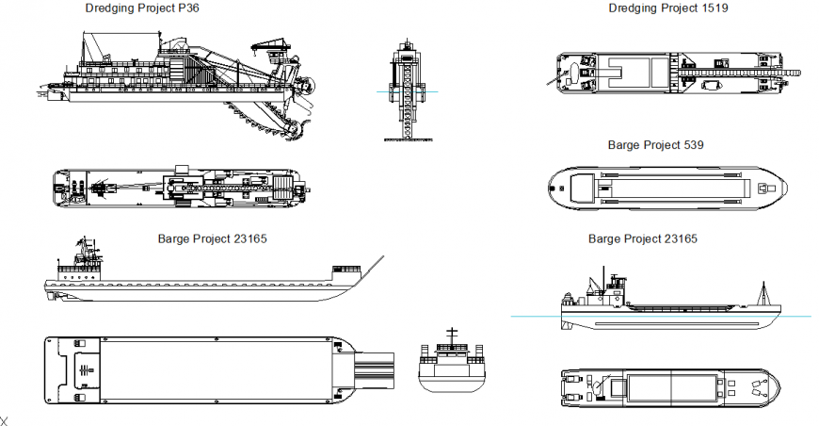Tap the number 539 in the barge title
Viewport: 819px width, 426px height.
pyautogui.click(x=693, y=145)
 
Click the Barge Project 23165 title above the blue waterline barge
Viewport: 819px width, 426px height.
pyautogui.click(x=642, y=239)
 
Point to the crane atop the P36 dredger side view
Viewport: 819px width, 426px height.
pyautogui.click(x=268, y=46)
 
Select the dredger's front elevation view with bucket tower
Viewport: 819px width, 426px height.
pyautogui.click(x=407, y=90)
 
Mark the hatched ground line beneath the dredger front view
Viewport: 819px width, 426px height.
pyautogui.click(x=407, y=140)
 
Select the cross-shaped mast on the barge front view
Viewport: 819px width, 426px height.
pyautogui.click(x=452, y=334)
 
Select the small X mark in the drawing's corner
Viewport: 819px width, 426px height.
pyautogui.click(x=4, y=420)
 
